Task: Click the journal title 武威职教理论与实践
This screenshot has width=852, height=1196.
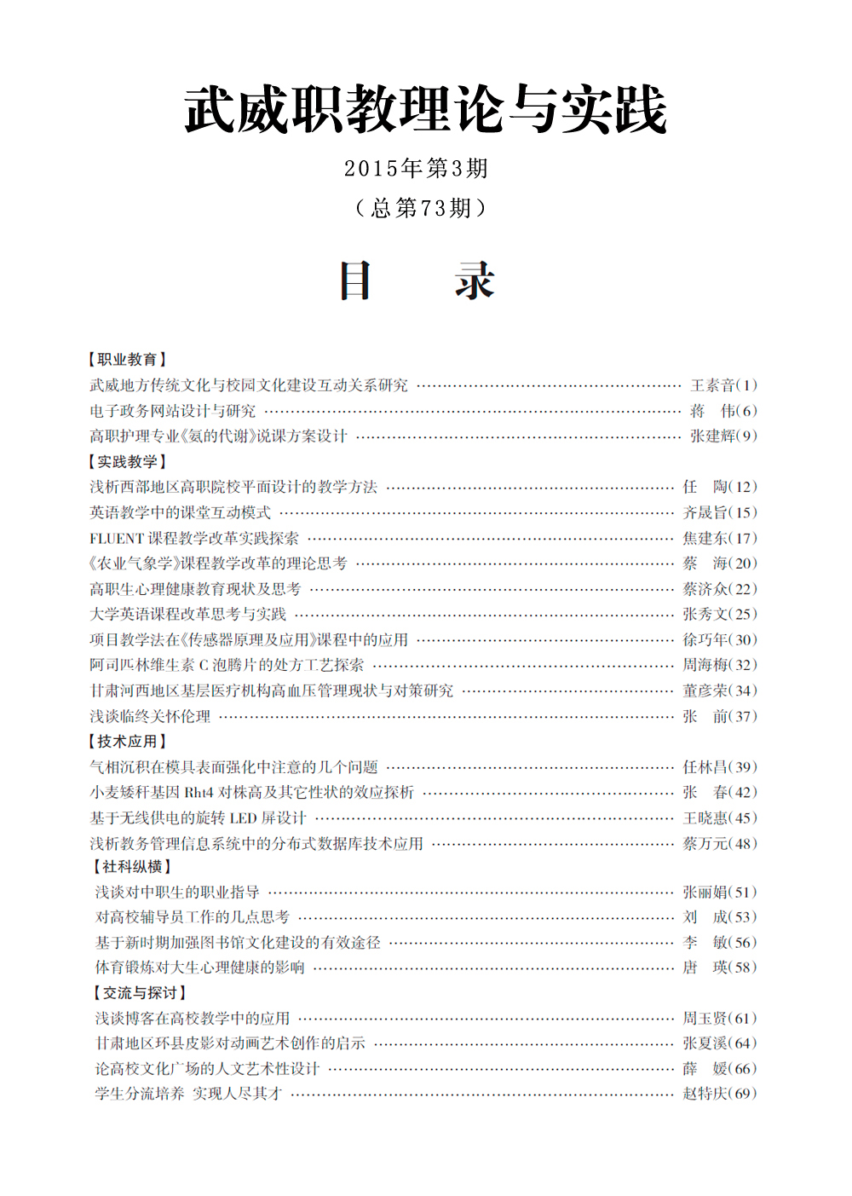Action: click(x=425, y=111)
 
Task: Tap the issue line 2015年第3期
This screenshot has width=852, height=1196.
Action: click(x=417, y=168)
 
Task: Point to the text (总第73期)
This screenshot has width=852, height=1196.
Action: click(x=421, y=208)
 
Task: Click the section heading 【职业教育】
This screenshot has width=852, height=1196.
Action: click(x=128, y=360)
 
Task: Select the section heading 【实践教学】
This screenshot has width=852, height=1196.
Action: click(x=128, y=461)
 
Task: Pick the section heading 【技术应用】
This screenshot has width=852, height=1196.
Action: click(x=128, y=741)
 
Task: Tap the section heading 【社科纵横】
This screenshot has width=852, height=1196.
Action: click(x=132, y=866)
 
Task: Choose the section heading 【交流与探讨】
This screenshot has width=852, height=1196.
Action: click(x=140, y=992)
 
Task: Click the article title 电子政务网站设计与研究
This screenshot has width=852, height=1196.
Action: click(x=172, y=411)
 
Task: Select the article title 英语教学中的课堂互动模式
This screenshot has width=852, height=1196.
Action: click(x=180, y=512)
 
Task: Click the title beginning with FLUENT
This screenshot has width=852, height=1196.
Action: click(x=194, y=538)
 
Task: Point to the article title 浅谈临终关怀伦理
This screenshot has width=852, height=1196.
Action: click(x=150, y=716)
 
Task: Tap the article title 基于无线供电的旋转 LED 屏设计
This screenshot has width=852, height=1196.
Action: click(x=198, y=818)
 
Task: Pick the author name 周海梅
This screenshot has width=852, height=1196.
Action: click(x=705, y=665)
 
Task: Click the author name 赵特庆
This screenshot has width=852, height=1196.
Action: click(x=705, y=1093)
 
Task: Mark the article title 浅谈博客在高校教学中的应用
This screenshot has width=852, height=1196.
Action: click(x=193, y=1018)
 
